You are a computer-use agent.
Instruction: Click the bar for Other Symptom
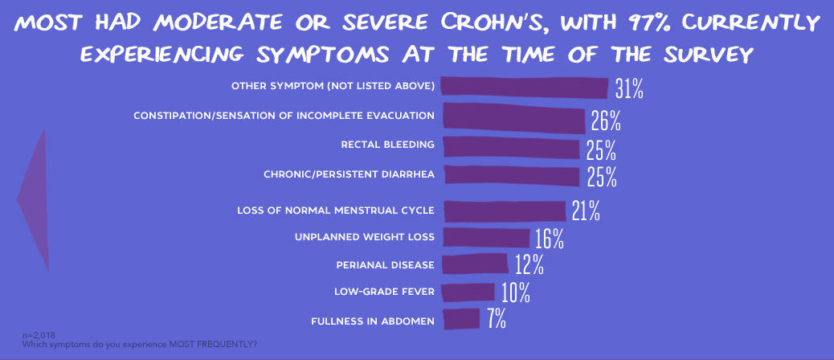(x=525, y=87)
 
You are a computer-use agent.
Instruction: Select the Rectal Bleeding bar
(x=511, y=146)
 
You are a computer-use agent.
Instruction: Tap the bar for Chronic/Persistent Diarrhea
(x=511, y=175)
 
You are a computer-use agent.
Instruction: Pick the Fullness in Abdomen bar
(x=461, y=319)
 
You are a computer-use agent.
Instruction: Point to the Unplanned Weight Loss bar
(x=486, y=237)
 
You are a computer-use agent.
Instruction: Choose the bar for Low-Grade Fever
(x=468, y=291)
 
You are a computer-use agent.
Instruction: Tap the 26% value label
(x=606, y=121)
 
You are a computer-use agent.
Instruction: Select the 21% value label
(x=587, y=211)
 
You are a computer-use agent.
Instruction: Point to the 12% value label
(x=529, y=264)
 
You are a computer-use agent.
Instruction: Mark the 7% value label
(x=496, y=319)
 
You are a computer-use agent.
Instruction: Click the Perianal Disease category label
(x=385, y=264)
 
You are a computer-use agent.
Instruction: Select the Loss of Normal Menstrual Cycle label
(x=336, y=211)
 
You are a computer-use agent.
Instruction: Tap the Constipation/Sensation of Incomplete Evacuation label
(x=284, y=116)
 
